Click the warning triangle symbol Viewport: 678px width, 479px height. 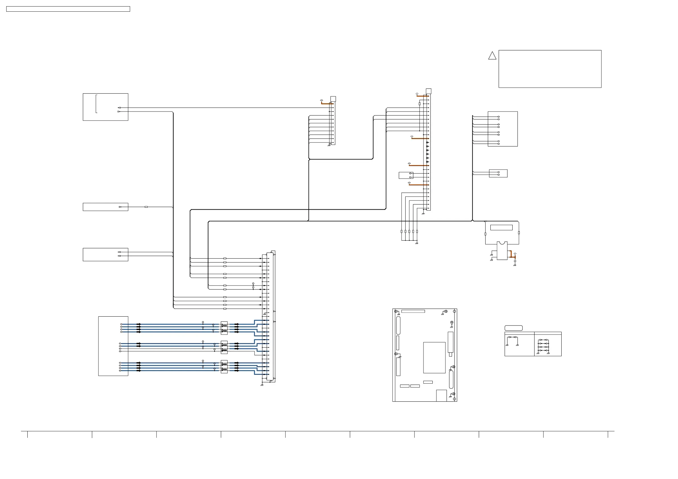(x=492, y=56)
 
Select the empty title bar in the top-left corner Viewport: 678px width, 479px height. (x=68, y=9)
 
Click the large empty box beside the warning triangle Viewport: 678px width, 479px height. (x=550, y=69)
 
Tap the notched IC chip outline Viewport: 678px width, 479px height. (x=502, y=251)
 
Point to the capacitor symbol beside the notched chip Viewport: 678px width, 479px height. (x=515, y=261)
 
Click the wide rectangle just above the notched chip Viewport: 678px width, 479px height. (x=502, y=228)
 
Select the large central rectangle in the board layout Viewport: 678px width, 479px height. (x=434, y=358)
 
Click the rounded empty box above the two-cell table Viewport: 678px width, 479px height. (x=513, y=328)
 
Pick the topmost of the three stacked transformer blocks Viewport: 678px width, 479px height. (x=224, y=328)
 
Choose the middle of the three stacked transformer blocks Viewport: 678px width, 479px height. (x=224, y=347)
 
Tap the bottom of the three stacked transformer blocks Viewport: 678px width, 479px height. (x=224, y=367)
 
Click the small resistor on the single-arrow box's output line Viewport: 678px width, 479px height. (x=146, y=207)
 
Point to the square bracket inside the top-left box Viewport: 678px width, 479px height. (x=96, y=104)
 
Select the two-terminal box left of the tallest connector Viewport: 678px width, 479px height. (x=406, y=175)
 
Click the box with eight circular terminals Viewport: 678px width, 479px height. (x=503, y=129)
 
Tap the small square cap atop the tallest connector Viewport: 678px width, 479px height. (x=428, y=91)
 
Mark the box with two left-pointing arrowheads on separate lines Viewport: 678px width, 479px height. (x=105, y=254)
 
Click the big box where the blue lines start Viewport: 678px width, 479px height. (x=113, y=346)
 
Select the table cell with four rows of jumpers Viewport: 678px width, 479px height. (x=548, y=345)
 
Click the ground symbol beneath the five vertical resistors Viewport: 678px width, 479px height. (x=416, y=243)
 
